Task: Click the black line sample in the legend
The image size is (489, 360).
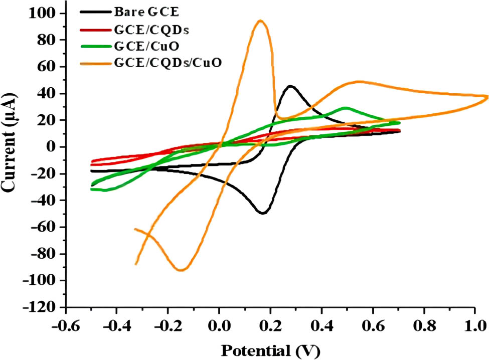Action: [x=92, y=11]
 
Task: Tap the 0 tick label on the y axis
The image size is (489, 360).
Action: [x=53, y=147]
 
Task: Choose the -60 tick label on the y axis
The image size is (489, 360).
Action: [x=45, y=227]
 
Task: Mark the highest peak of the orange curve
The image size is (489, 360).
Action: [x=260, y=21]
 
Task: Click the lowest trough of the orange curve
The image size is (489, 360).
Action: [x=181, y=270]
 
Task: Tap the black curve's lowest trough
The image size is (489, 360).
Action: [x=262, y=214]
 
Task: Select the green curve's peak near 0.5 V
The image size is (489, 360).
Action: [x=345, y=107]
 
